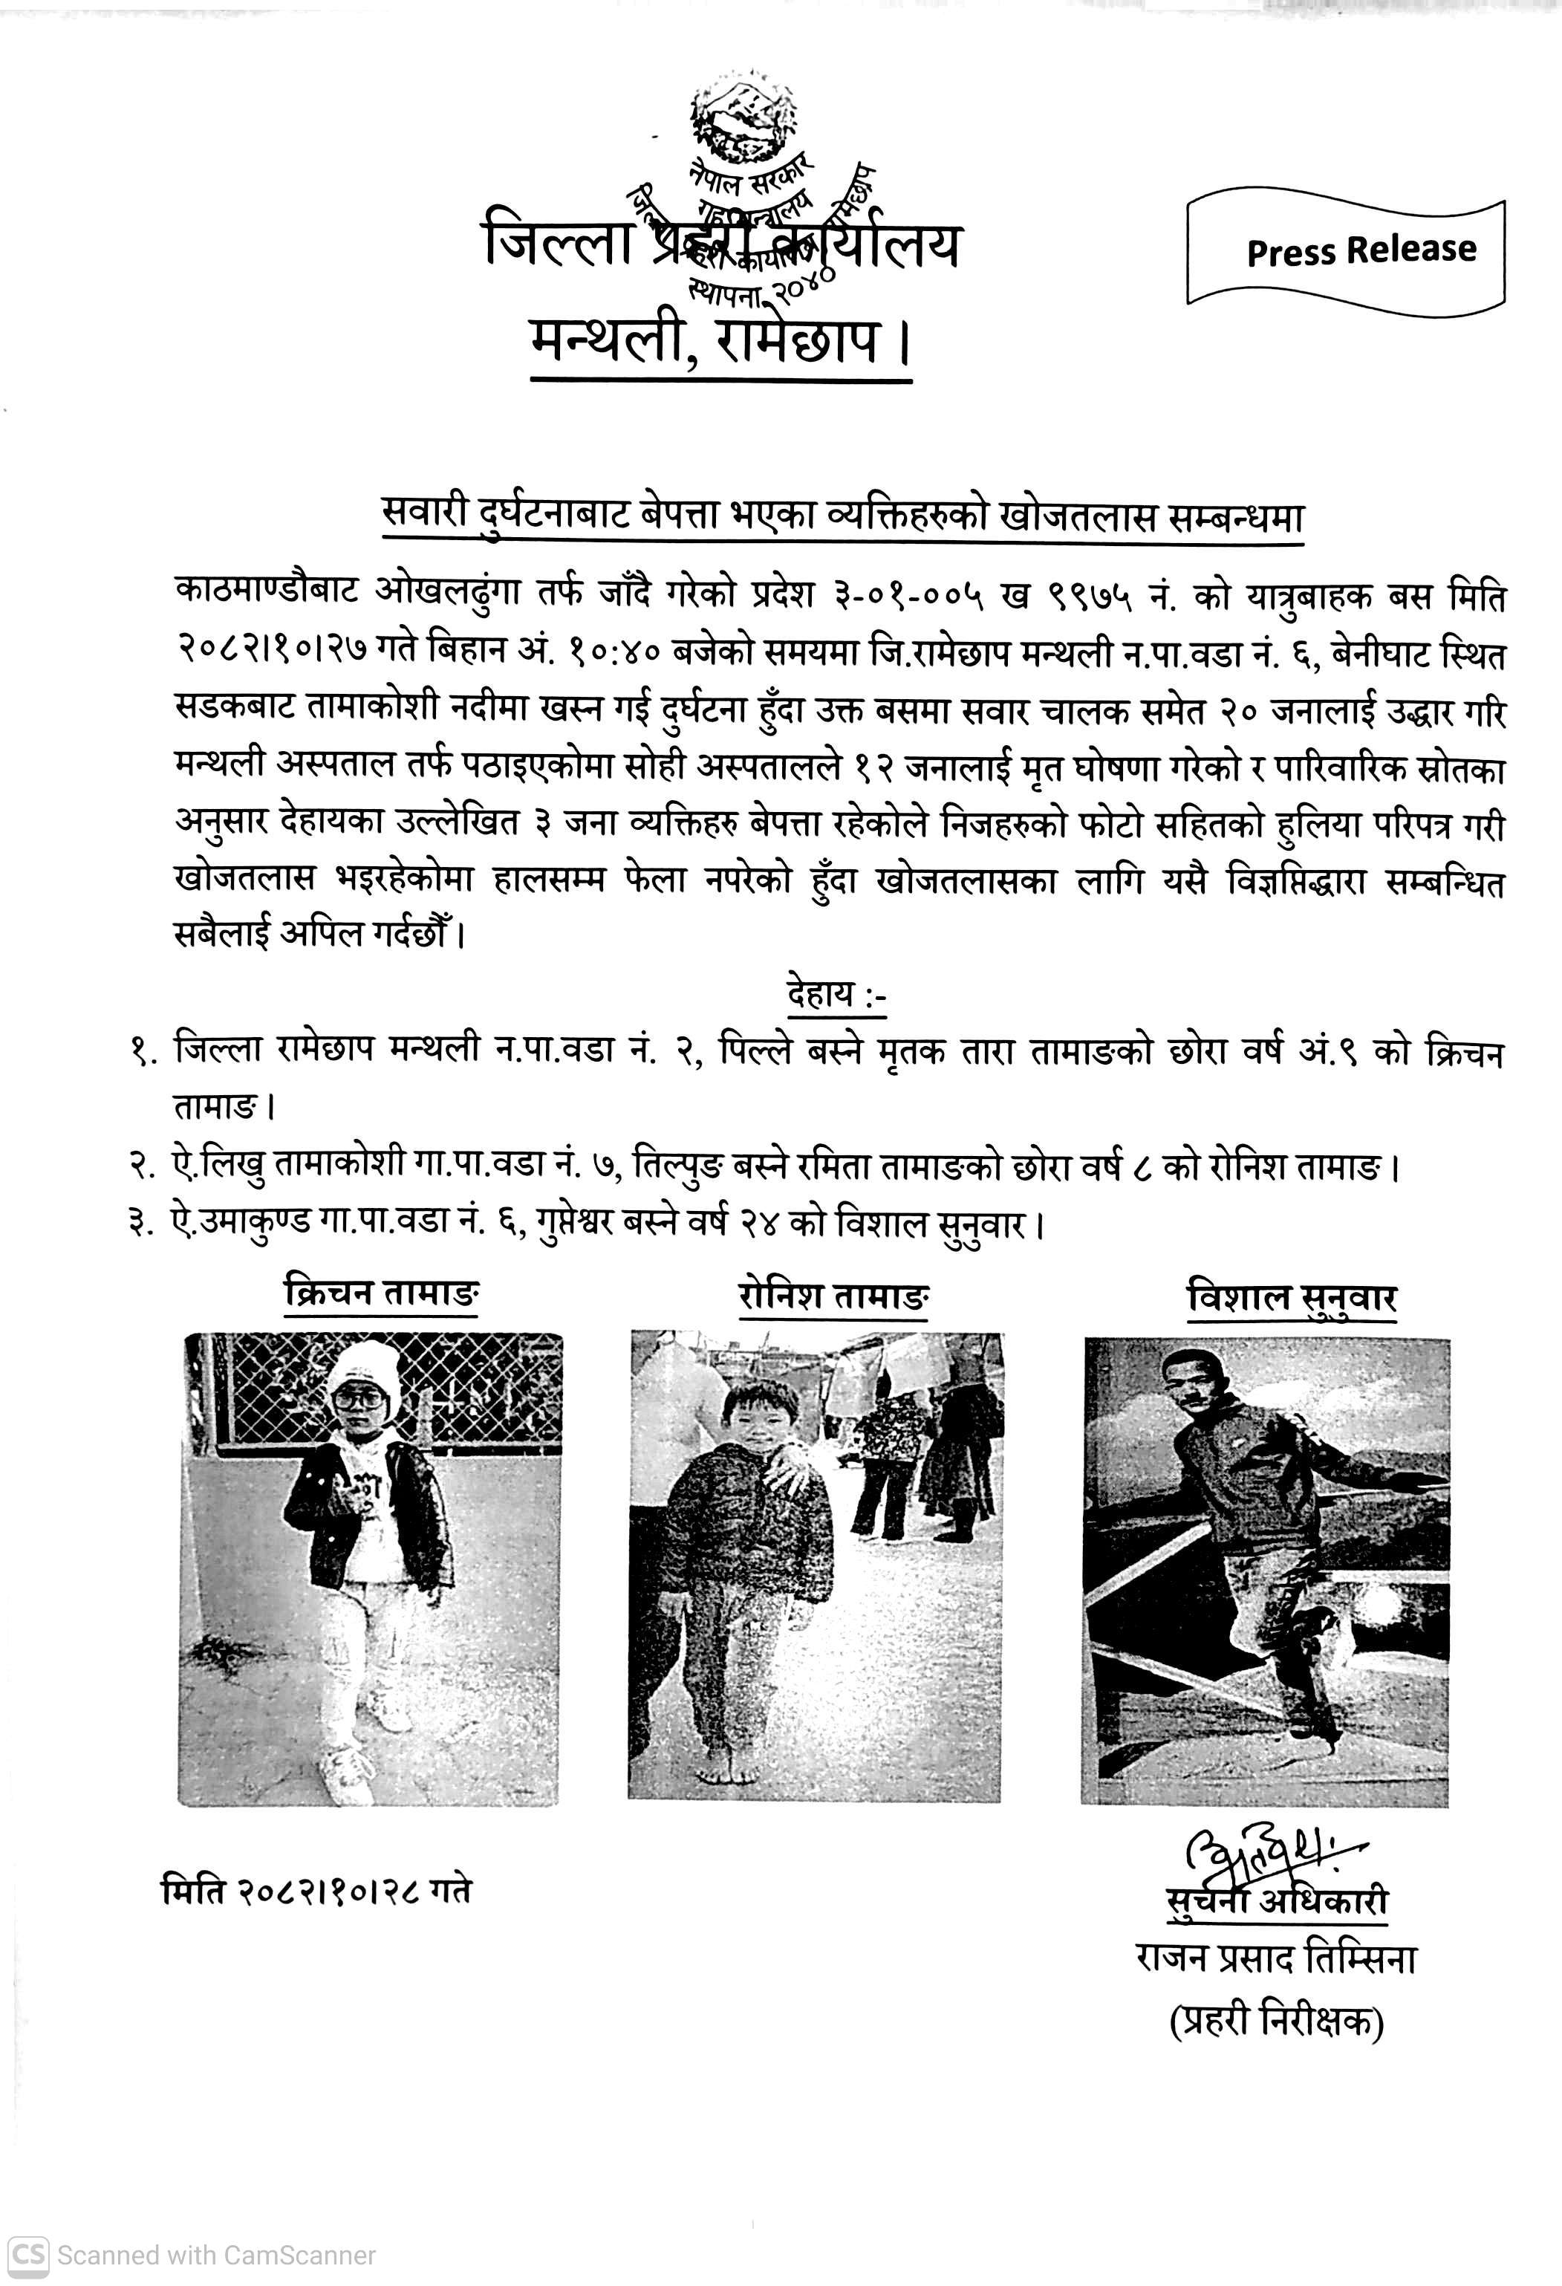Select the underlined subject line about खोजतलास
[x=843, y=516]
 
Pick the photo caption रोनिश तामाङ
[x=833, y=1296]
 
